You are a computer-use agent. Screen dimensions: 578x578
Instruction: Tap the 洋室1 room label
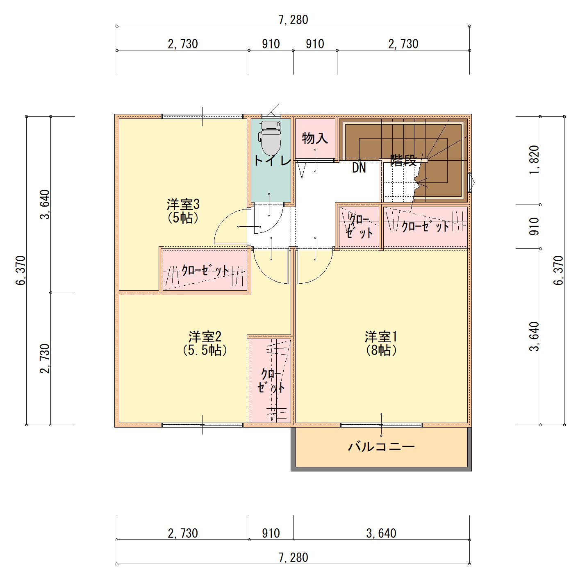(381, 337)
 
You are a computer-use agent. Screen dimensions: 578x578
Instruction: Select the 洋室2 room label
(205, 337)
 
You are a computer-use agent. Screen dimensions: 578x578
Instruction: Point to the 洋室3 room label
(183, 205)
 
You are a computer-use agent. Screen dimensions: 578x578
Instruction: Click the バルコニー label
(381, 447)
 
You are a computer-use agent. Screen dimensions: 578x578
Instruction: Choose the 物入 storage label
(315, 138)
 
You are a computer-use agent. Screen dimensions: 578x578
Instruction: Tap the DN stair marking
(359, 168)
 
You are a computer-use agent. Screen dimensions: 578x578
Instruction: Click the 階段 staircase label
(403, 161)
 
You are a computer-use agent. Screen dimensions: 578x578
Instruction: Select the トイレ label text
(272, 161)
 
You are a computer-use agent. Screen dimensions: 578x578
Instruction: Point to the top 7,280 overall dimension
(294, 20)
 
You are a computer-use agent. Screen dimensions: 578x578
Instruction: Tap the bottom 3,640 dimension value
(381, 533)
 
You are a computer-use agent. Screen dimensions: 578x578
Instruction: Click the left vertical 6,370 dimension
(21, 270)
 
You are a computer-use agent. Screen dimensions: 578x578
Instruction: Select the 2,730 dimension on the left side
(45, 358)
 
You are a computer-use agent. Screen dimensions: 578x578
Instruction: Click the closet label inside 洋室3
(205, 271)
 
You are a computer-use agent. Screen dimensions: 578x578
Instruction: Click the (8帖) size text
(381, 350)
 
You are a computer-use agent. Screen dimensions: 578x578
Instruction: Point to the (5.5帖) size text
(205, 350)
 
